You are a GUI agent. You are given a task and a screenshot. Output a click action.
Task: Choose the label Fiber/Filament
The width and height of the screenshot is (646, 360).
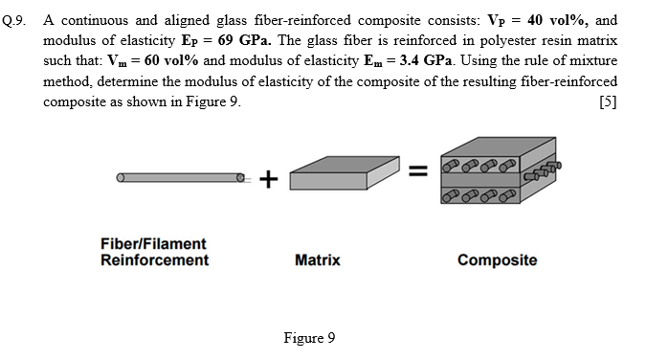(153, 245)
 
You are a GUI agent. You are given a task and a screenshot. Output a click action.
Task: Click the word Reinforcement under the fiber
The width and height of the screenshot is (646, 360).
(153, 260)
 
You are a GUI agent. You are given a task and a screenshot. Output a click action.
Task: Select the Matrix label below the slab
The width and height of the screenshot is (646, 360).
(317, 260)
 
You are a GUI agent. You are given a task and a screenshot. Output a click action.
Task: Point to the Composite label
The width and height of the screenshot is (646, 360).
(497, 260)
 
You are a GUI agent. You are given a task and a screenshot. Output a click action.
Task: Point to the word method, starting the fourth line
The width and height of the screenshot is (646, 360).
(68, 82)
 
